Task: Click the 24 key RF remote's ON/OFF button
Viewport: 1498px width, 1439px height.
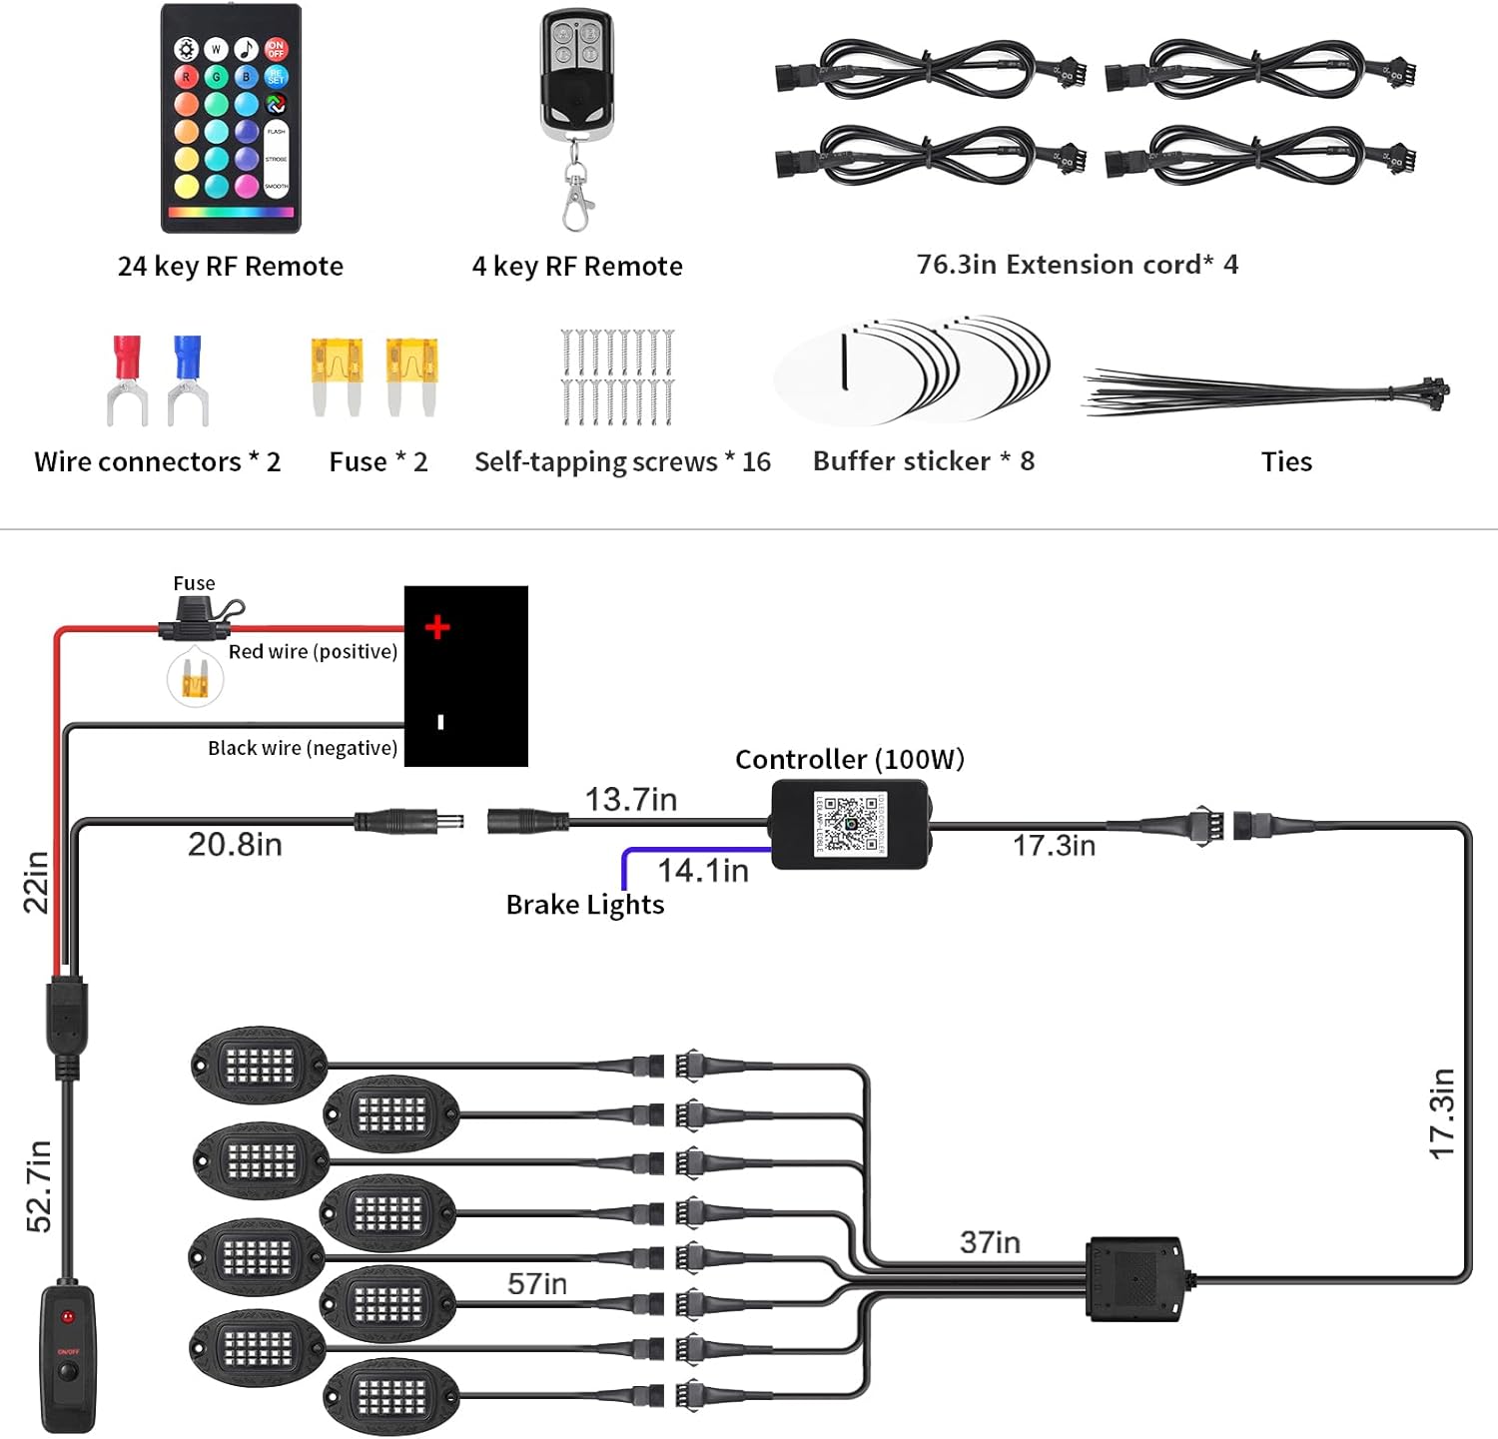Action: (276, 48)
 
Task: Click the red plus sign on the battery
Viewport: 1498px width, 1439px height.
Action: (437, 627)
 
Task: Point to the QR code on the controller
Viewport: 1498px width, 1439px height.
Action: (850, 824)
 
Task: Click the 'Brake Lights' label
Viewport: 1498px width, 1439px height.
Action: (584, 905)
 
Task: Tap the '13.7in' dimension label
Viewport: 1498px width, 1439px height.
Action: (630, 800)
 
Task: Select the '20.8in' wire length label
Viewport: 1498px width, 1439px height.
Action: (235, 845)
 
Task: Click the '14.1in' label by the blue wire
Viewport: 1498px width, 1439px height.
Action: (702, 871)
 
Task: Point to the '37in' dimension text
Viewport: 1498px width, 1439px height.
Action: (990, 1242)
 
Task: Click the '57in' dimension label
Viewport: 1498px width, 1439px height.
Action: (536, 1283)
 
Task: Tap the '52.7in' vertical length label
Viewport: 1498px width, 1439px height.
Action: (38, 1185)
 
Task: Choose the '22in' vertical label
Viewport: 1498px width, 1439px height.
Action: (36, 882)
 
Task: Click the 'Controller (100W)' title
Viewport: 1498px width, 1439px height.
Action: (849, 760)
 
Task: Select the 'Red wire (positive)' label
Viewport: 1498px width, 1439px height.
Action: (313, 652)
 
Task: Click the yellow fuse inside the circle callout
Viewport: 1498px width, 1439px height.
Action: (195, 682)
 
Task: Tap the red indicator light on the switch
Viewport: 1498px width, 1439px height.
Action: (68, 1317)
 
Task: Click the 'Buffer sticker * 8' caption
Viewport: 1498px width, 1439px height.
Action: (923, 461)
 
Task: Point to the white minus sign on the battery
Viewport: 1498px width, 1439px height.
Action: (440, 722)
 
